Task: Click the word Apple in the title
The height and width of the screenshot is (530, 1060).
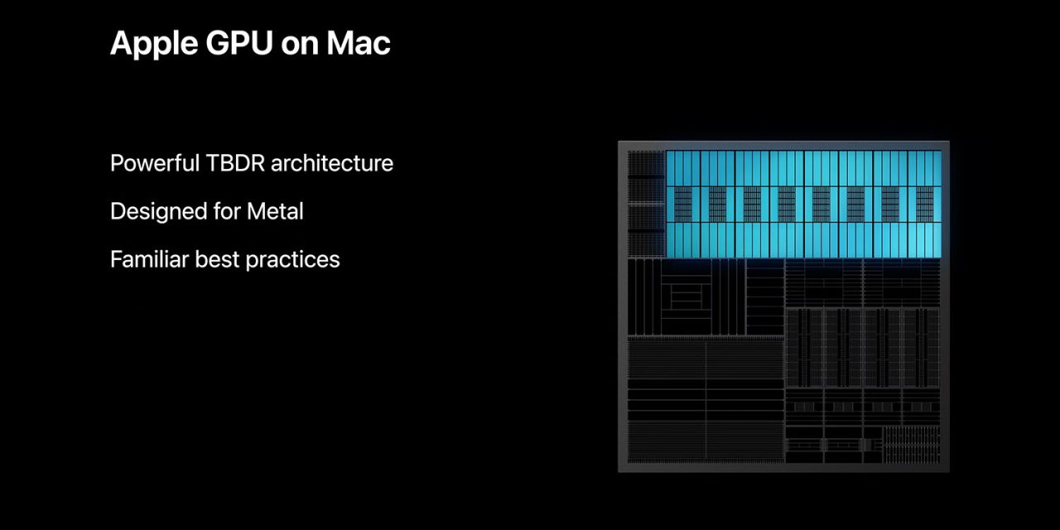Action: point(154,45)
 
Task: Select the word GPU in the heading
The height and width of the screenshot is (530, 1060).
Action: point(239,43)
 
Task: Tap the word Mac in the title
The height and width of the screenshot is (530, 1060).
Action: point(359,43)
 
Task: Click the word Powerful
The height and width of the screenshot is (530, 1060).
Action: point(155,163)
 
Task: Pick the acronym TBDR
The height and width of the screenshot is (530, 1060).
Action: point(235,163)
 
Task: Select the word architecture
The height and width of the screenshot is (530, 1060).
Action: point(332,163)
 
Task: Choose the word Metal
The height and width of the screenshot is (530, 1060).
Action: point(275,211)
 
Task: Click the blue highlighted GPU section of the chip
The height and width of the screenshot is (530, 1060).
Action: point(803,204)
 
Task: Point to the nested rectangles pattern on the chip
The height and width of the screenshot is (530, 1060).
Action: point(687,296)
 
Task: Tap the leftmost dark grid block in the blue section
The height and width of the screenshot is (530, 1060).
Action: point(683,204)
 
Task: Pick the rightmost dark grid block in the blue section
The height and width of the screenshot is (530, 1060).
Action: point(925,204)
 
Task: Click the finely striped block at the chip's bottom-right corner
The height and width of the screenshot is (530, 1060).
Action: point(912,445)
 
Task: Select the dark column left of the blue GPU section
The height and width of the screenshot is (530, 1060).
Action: point(646,204)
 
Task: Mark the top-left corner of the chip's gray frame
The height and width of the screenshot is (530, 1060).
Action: point(619,142)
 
